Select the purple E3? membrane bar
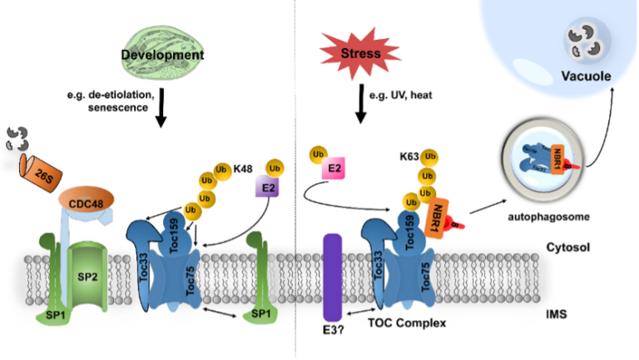[333, 274]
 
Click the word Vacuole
[587, 76]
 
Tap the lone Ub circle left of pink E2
[316, 155]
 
